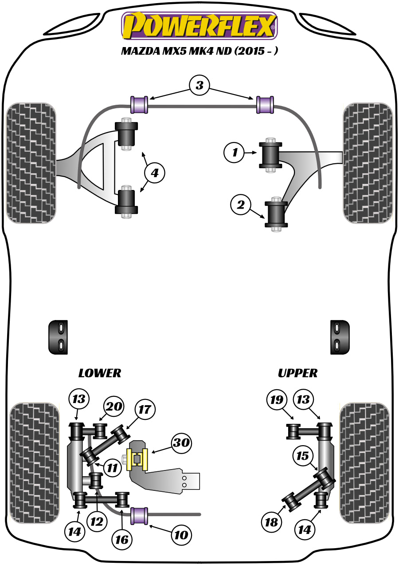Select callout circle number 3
tap(199, 85)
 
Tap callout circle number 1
tap(235, 153)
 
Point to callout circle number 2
tap(241, 205)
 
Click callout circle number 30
tap(182, 443)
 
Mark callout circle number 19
tap(277, 400)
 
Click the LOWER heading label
tap(99, 373)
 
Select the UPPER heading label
tap(297, 373)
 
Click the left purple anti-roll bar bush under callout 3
tap(138, 105)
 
